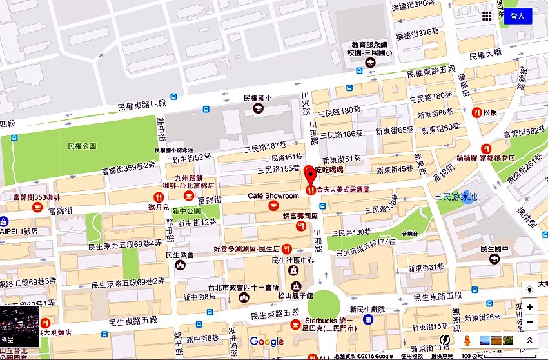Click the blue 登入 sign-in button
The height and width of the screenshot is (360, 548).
tap(518, 16)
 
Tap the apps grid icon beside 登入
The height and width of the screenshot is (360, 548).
tap(487, 16)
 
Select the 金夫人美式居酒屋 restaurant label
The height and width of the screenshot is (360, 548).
tap(346, 190)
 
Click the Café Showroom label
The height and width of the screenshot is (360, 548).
tap(273, 196)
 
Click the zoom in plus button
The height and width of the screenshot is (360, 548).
tap(529, 307)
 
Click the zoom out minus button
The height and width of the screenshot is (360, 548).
tap(529, 322)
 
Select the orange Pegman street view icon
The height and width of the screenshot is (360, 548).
tap(467, 340)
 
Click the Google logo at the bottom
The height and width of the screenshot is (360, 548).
tap(266, 342)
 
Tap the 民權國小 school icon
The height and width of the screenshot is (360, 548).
tap(259, 108)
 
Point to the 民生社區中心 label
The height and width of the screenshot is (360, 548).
tap(293, 261)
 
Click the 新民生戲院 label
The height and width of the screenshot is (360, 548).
tap(367, 310)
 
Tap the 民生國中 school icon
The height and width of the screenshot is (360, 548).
tap(494, 259)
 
